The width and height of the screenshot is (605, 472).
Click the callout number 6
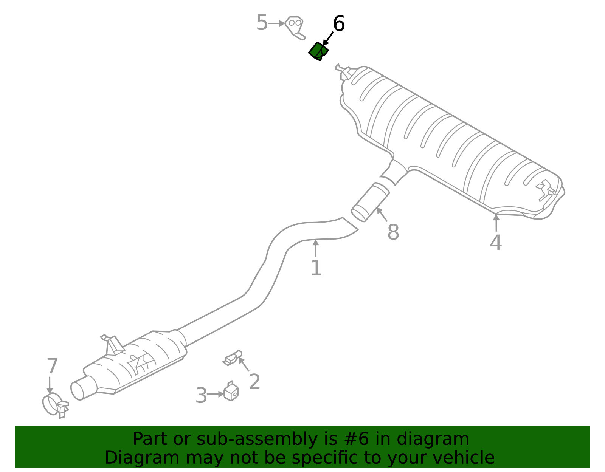coord(338,23)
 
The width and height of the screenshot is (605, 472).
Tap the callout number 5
coord(262,23)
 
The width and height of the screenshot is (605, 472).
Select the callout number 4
coord(496,243)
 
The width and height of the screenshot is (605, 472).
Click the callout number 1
coord(316,268)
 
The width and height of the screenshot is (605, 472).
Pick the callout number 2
coord(254,382)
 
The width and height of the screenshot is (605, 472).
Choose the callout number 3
coord(201,395)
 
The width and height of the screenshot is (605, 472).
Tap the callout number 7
coord(52,366)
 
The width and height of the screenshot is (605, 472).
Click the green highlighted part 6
coord(318,51)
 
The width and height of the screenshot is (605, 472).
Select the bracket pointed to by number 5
coord(295,28)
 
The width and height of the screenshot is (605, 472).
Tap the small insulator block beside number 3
coord(231,392)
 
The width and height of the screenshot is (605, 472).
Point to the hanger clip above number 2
coord(232,358)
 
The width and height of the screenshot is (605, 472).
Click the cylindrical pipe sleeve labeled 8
coord(370,202)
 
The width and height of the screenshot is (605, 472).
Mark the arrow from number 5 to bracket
coord(276,23)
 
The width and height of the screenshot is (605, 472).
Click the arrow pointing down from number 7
coord(50,385)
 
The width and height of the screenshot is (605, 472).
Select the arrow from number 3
coord(216,394)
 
